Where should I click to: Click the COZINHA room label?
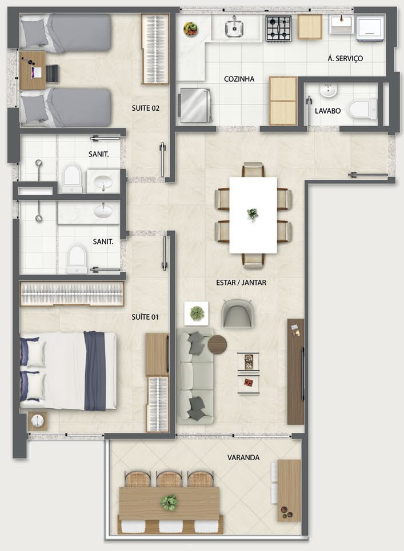pyautogui.click(x=239, y=79)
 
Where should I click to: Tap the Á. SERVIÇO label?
pyautogui.click(x=345, y=58)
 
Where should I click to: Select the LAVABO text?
pyautogui.click(x=327, y=111)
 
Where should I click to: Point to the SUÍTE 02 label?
pyautogui.click(x=146, y=108)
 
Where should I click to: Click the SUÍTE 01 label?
pyautogui.click(x=145, y=317)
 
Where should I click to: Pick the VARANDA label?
pyautogui.click(x=243, y=457)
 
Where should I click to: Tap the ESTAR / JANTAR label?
pyautogui.click(x=241, y=283)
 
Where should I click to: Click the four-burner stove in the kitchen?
pyautogui.click(x=279, y=29)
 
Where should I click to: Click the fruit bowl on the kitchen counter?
pyautogui.click(x=190, y=29)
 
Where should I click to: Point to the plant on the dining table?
pyautogui.click(x=252, y=214)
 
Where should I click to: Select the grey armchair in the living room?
pyautogui.click(x=237, y=313)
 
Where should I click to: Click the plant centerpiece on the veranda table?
pyautogui.click(x=169, y=502)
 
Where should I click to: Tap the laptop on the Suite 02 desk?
pyautogui.click(x=36, y=73)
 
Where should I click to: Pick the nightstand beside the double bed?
pyautogui.click(x=37, y=421)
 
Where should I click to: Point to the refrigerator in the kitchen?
pyautogui.click(x=196, y=106)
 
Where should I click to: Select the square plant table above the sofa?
pyautogui.click(x=196, y=313)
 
